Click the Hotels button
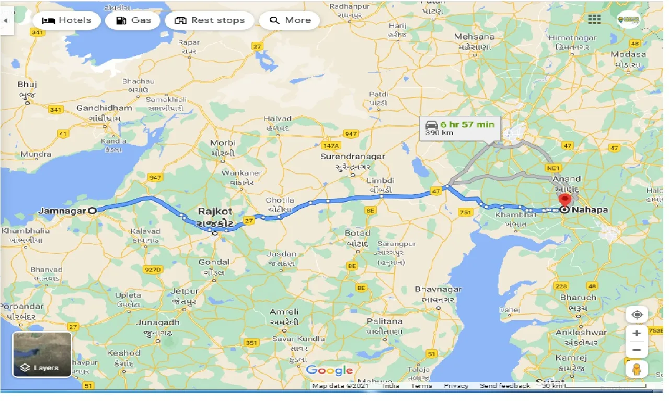(66, 20)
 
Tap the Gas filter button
(133, 20)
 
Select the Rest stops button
(210, 20)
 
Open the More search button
(290, 20)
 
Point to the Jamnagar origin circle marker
(92, 210)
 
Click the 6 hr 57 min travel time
(467, 124)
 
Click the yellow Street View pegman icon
(636, 369)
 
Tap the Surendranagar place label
(353, 156)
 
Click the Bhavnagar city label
(439, 289)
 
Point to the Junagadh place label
(157, 322)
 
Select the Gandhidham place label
(104, 108)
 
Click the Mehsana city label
(474, 37)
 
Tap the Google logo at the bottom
(329, 370)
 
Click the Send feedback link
(504, 386)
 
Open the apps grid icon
(594, 19)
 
